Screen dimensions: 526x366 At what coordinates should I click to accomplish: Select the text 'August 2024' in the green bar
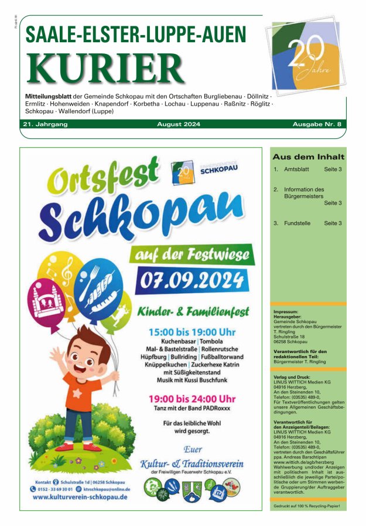pyautogui.click(x=179, y=124)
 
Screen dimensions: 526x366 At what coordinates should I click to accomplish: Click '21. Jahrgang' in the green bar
pyautogui.click(x=46, y=124)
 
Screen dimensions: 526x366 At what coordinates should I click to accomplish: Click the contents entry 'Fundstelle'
pyautogui.click(x=298, y=223)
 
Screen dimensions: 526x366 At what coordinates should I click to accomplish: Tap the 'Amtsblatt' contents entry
pyautogui.click(x=297, y=169)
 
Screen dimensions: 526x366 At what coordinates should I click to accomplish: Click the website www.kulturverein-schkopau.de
pyautogui.click(x=80, y=497)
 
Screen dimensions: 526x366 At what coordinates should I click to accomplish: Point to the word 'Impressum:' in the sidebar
pyautogui.click(x=286, y=312)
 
